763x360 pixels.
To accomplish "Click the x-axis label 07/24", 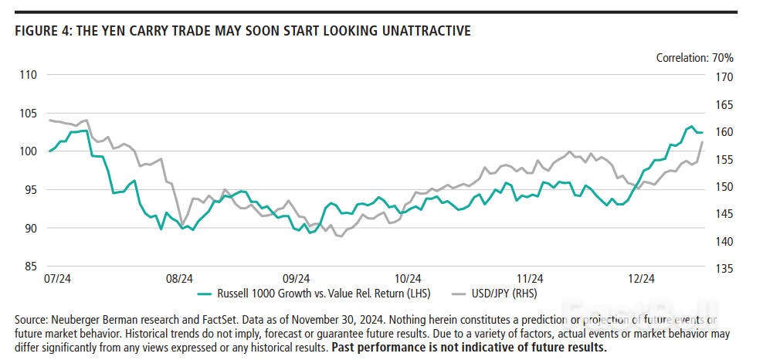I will tap(59, 278).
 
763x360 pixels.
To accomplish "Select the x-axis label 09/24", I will tap(297, 278).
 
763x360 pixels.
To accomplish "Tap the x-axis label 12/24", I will tap(641, 278).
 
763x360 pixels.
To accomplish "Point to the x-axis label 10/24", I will tap(407, 278).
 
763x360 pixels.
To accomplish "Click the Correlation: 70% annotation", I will tap(694, 57).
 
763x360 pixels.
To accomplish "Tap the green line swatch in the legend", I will tap(205, 294).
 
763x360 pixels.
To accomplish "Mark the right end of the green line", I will tap(702, 133).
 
